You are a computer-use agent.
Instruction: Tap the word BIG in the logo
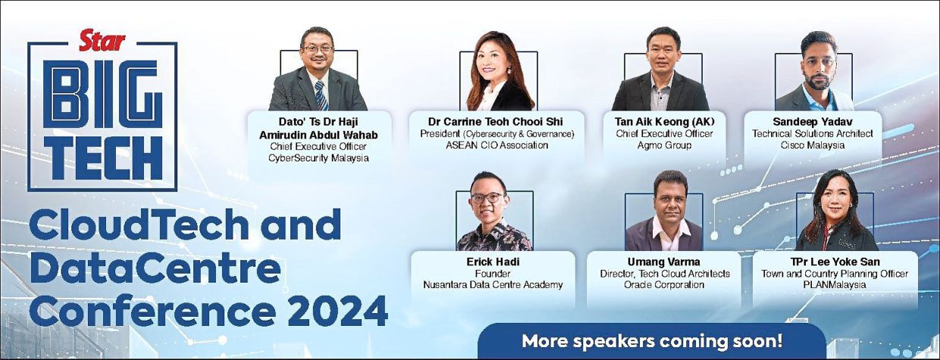[103, 94]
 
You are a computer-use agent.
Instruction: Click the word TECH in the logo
[103, 158]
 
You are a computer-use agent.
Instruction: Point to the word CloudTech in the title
[139, 224]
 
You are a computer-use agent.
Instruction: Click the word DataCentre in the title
[155, 268]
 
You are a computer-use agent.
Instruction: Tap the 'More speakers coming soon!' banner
[652, 341]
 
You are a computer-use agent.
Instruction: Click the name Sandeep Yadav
[813, 122]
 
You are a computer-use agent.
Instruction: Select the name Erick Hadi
[493, 261]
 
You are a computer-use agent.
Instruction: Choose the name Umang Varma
[664, 261]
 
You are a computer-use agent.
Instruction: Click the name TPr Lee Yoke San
[835, 261]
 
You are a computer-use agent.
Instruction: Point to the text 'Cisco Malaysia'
[813, 146]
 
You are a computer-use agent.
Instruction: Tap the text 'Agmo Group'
[664, 146]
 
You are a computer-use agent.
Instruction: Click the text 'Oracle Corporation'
[664, 284]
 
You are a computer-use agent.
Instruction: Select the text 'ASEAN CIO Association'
[497, 146]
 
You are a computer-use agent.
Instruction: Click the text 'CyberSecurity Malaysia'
[318, 158]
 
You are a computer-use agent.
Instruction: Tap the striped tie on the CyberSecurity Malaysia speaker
[321, 95]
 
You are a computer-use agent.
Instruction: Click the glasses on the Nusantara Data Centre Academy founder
[487, 198]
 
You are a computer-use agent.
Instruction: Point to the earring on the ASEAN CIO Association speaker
[509, 70]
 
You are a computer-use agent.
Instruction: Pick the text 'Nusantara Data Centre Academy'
[493, 284]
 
